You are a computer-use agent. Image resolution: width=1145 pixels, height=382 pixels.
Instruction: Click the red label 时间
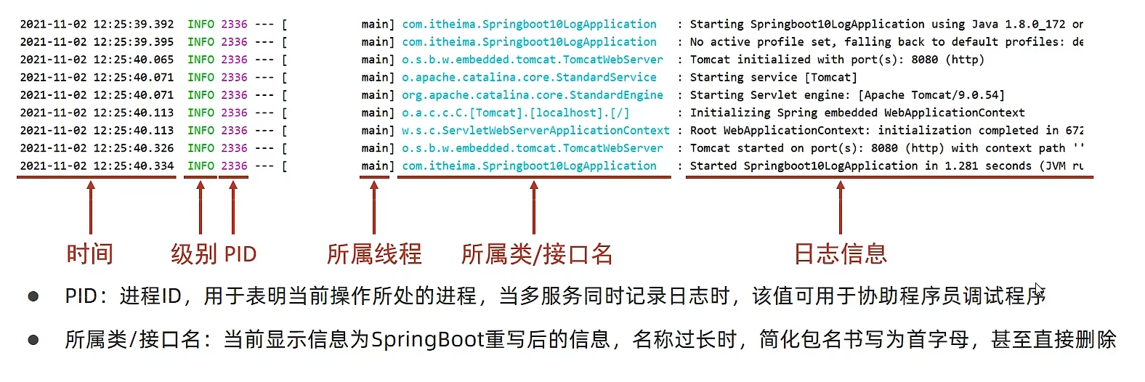pos(90,253)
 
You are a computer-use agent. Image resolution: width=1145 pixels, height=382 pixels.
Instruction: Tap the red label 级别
pos(194,253)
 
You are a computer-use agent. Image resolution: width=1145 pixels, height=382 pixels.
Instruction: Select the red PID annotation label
pos(240,254)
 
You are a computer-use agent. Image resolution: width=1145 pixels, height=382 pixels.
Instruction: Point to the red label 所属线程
pos(374,253)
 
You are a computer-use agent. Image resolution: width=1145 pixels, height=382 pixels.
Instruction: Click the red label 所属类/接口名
pos(537,253)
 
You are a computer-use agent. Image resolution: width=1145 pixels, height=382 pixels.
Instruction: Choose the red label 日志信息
pos(841,253)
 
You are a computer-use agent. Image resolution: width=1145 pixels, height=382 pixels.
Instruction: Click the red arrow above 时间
pos(91,207)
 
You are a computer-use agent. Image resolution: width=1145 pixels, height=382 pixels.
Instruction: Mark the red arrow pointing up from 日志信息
pos(841,207)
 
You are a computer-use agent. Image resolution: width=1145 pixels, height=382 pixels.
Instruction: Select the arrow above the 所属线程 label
pos(374,207)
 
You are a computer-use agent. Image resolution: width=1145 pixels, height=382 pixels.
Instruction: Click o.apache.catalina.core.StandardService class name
pos(529,77)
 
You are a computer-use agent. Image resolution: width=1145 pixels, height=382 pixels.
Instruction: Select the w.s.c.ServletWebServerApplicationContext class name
pos(535,130)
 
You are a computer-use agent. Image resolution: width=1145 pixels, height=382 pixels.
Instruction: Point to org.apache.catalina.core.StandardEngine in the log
pos(533,94)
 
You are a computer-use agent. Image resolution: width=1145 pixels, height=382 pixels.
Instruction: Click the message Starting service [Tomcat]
pos(773,77)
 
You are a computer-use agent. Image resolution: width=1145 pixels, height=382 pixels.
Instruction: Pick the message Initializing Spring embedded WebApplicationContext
pos(857,113)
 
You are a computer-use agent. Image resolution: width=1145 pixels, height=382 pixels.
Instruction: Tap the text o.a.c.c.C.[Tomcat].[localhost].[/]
pos(516,113)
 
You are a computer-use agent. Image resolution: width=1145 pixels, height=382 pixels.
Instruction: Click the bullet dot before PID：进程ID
pos(33,296)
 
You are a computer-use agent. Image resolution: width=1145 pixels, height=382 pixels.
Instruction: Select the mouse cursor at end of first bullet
pos(1039,290)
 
